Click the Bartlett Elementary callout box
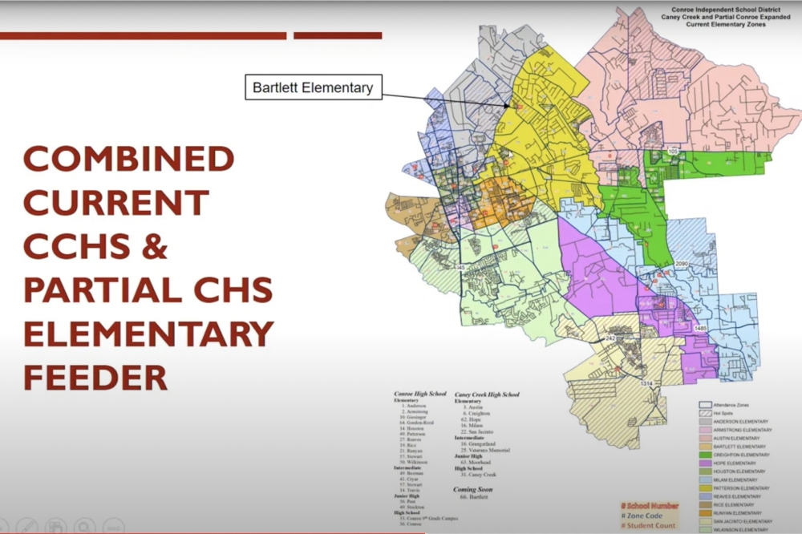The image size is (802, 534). (x=313, y=87)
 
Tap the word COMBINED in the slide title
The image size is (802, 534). (x=129, y=159)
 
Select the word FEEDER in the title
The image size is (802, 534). (x=95, y=376)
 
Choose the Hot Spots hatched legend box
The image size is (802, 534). (x=706, y=413)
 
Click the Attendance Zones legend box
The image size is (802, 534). (x=706, y=404)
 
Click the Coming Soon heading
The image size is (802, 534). (x=473, y=489)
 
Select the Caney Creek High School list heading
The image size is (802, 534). (x=487, y=394)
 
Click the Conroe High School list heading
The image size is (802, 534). (x=421, y=394)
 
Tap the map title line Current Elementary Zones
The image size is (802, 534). (x=726, y=25)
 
